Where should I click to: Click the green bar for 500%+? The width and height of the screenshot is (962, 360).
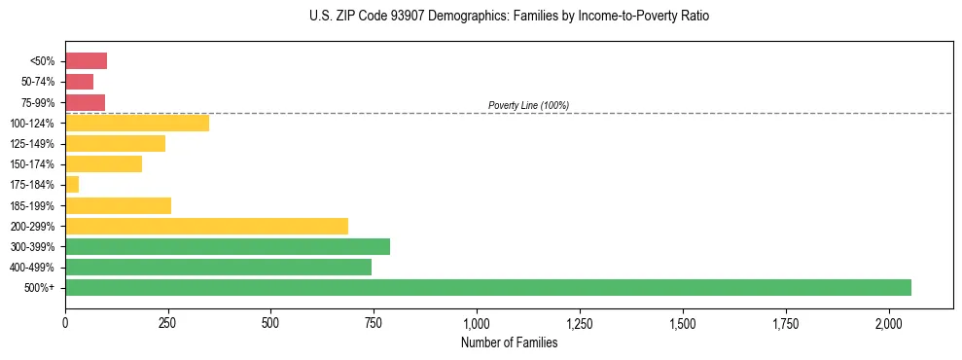pos(487,287)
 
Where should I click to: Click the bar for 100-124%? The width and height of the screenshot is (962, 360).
pos(137,123)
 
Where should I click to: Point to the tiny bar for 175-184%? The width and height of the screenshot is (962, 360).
pos(72,184)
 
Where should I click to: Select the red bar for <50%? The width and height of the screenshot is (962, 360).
pos(86,61)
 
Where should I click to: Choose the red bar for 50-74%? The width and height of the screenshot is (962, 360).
pos(79,82)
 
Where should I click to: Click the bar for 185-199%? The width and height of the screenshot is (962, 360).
pos(118,205)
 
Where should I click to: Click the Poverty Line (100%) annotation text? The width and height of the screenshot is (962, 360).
pos(528,105)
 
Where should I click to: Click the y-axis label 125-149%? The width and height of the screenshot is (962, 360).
pos(32,144)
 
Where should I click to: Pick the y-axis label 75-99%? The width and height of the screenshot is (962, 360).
pos(37,102)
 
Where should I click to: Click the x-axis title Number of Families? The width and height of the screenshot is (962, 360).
pos(509,342)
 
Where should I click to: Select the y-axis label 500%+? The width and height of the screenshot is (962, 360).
pos(41,288)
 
